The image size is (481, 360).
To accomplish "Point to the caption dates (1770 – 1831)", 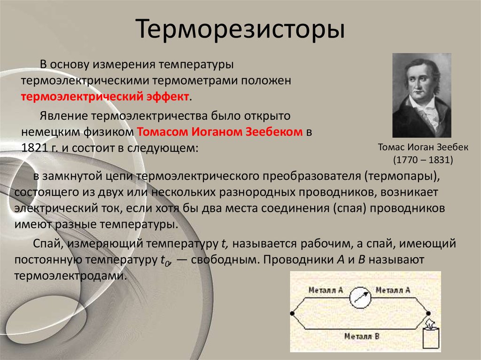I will [423, 160].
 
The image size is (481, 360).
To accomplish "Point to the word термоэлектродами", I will [70, 276].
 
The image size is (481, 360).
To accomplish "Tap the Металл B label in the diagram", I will [362, 336].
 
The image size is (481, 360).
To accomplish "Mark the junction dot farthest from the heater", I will [292, 313].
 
